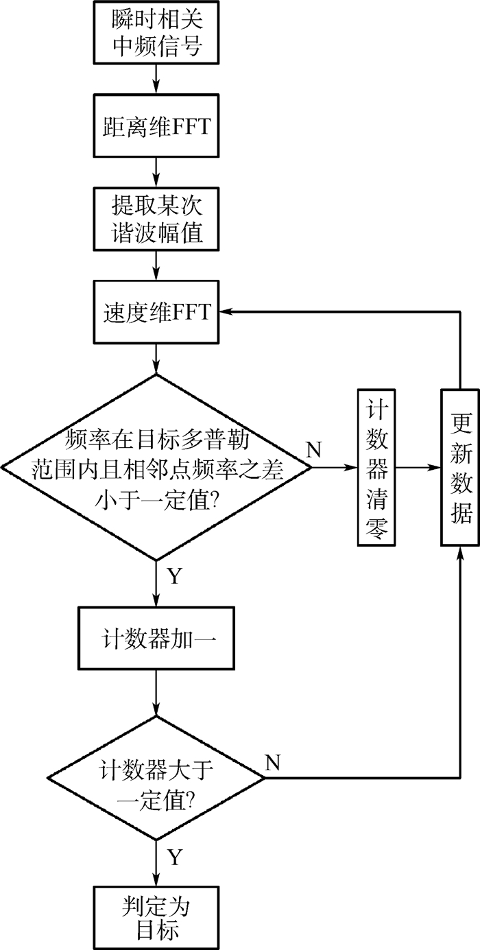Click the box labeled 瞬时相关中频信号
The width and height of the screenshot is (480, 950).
157,32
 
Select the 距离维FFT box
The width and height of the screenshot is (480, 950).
157,127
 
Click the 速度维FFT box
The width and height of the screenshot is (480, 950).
157,312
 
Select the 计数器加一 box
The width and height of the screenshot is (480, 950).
157,638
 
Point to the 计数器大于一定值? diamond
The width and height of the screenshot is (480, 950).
157,778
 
